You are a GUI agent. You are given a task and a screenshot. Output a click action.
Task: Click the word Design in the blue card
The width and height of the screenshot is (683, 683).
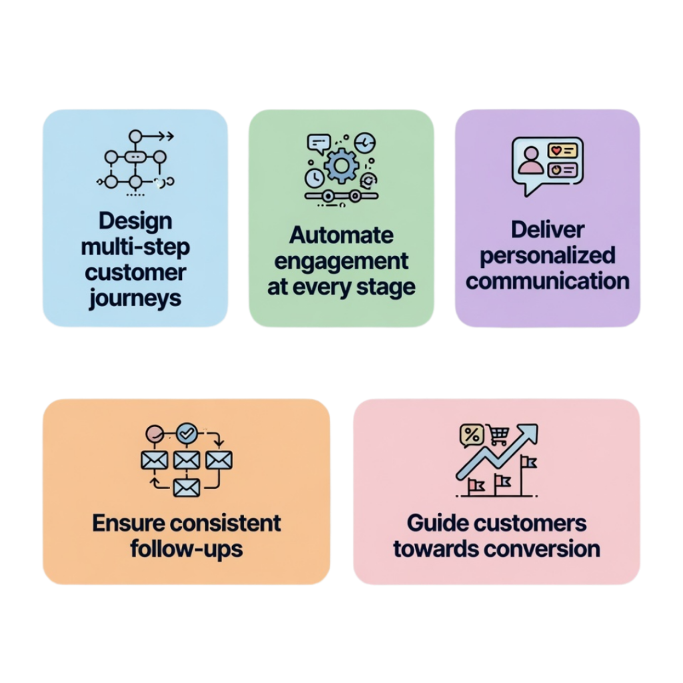pyautogui.click(x=135, y=221)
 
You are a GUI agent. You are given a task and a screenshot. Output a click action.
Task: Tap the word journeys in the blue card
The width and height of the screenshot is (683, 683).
pyautogui.click(x=135, y=298)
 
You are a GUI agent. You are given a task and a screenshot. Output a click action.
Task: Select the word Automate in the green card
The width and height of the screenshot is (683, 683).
pyautogui.click(x=341, y=235)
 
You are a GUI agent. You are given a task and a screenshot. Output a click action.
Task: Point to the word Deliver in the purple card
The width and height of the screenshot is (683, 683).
pyautogui.click(x=548, y=229)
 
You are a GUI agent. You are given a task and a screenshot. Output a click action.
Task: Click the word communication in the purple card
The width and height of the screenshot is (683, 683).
pyautogui.click(x=548, y=281)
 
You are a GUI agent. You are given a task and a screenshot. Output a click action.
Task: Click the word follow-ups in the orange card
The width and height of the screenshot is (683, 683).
pyautogui.click(x=187, y=549)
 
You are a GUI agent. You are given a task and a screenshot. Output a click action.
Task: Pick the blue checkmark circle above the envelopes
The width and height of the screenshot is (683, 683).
pyautogui.click(x=185, y=433)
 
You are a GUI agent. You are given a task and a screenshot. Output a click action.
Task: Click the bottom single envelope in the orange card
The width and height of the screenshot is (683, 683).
pyautogui.click(x=186, y=488)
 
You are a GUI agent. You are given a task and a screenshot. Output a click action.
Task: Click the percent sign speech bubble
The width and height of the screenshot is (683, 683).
pyautogui.click(x=472, y=436)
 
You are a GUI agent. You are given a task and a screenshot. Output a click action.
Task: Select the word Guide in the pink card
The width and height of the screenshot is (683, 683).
pyautogui.click(x=434, y=523)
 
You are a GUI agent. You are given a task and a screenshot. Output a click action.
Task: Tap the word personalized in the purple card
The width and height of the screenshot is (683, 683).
pyautogui.click(x=548, y=255)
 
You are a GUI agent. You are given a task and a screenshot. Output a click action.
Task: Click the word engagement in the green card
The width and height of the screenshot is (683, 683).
pyautogui.click(x=341, y=261)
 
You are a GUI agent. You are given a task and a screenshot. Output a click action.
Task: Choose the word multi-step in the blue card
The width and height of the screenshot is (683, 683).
pyautogui.click(x=135, y=247)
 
